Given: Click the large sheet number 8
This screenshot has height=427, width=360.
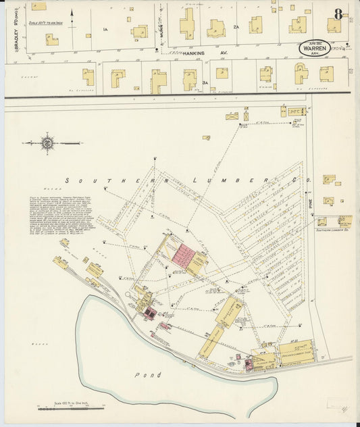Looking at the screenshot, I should click(x=337, y=14).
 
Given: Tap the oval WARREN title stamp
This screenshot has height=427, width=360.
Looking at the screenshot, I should click(x=315, y=49).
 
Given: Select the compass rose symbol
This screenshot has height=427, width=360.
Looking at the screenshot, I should click(x=47, y=143).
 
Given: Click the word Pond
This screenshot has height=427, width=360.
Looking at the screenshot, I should click(x=147, y=374).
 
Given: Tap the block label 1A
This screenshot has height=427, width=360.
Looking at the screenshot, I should click(x=105, y=29).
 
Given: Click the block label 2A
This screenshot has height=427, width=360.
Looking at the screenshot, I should click(x=236, y=26).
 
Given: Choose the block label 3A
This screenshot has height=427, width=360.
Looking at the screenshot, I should click(x=204, y=82).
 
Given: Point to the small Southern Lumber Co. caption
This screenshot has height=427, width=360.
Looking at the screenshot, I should click(x=332, y=230).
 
